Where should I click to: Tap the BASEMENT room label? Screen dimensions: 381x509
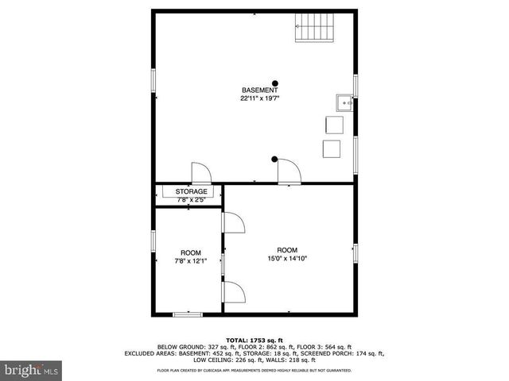[260, 90]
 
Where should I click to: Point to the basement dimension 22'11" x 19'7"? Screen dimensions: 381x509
[260, 99]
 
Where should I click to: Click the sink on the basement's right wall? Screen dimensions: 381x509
[344, 101]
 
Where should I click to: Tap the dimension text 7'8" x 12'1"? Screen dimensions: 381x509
[191, 261]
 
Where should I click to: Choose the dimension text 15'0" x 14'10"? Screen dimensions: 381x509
[286, 257]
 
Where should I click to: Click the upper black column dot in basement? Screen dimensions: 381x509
[275, 83]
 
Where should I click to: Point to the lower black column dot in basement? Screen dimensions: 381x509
[274, 157]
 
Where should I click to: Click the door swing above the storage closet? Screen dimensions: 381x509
[200, 173]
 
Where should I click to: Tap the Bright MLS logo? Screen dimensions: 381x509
[31, 370]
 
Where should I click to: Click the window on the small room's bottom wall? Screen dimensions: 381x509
[187, 314]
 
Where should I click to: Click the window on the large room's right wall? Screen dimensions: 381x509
[356, 252]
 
